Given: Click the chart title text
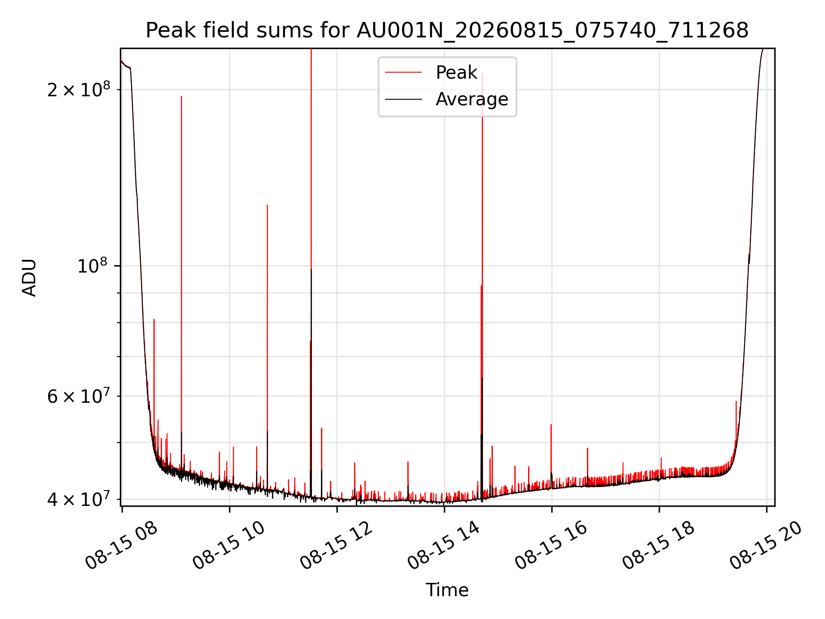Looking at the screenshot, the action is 447,31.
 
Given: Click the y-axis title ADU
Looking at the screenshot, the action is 29,277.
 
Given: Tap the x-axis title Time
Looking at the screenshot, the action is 447,590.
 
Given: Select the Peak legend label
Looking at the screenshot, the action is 456,72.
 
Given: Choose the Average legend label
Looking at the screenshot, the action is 472,99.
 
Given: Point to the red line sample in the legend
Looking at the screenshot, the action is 403,72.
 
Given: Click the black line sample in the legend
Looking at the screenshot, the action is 403,99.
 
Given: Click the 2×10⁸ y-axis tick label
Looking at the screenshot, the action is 79,89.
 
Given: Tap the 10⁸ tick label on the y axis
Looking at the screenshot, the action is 94,265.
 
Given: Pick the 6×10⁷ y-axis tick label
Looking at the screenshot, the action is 79,395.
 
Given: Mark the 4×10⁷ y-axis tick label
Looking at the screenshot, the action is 79,499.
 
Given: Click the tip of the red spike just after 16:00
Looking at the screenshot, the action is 551,424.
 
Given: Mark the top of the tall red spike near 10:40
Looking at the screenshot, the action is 267,205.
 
